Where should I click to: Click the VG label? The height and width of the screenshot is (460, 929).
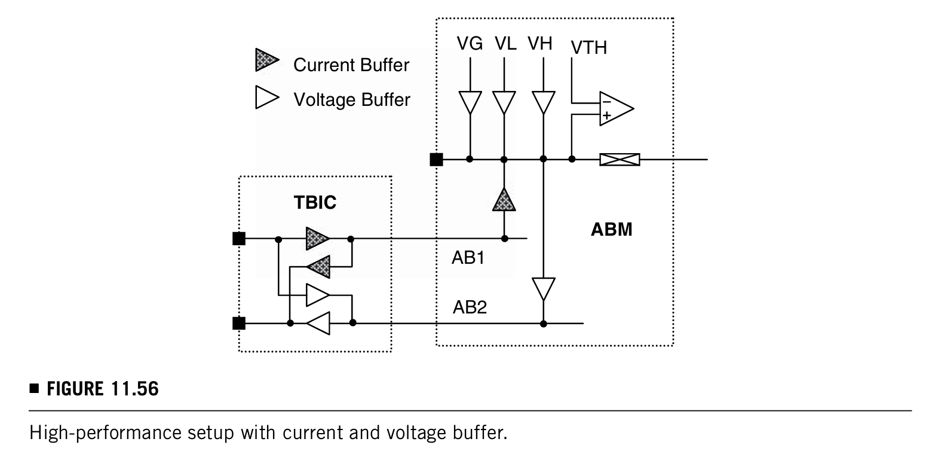470,44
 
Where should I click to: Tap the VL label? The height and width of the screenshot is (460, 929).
505,44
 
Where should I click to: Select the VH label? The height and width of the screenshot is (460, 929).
540,44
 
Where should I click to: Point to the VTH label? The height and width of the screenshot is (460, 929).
588,48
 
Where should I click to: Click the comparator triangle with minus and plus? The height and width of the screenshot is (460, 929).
617,109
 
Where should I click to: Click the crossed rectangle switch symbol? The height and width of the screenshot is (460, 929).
620,160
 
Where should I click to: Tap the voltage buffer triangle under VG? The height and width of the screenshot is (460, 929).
470,102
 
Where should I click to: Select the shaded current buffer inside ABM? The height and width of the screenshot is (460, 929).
504,200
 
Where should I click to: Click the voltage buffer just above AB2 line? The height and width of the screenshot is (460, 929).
543,289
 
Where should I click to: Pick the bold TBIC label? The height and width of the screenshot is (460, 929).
315,203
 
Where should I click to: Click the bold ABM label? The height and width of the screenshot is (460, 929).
611,230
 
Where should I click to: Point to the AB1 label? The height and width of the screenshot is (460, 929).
468,258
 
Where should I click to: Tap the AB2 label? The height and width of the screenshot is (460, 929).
470,307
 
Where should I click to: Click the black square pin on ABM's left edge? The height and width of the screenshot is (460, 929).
436,160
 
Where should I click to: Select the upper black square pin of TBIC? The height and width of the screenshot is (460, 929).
239,239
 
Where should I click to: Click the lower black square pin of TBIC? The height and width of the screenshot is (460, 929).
239,323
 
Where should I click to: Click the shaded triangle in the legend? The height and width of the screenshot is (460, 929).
267,60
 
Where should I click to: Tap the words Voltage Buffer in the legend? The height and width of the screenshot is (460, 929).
352,100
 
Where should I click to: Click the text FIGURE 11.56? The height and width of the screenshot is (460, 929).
102,389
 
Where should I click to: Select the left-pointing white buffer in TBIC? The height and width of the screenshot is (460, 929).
318,323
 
